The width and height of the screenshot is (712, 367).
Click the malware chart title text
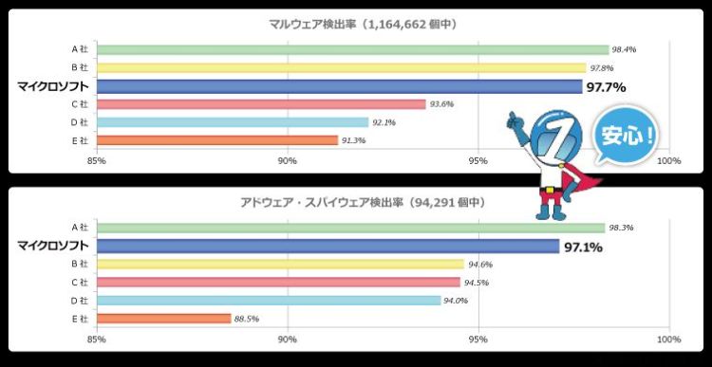[x=363, y=25]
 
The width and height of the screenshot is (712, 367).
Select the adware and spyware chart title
[x=363, y=203]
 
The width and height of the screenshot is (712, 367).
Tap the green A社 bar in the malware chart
[x=353, y=50]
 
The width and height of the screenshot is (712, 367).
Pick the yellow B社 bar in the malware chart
[x=342, y=68]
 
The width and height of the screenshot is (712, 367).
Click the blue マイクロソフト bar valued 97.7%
[x=340, y=86]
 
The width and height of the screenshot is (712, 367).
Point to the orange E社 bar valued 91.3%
[x=217, y=140]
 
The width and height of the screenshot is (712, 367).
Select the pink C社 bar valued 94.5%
[x=279, y=283]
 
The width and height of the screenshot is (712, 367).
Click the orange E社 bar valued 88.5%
[x=164, y=319]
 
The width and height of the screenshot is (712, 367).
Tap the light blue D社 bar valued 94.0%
[x=269, y=301]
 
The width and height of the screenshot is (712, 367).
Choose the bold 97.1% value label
[x=584, y=248]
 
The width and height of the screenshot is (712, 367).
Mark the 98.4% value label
[x=624, y=50]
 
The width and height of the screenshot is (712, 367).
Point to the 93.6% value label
[x=440, y=104]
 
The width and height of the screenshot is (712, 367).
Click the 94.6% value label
[x=479, y=265]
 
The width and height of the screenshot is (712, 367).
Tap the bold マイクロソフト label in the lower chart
[x=52, y=247]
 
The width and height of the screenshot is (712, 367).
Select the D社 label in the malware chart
[x=80, y=122]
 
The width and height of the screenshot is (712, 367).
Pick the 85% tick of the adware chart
[x=97, y=339]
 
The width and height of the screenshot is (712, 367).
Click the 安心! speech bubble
[x=626, y=135]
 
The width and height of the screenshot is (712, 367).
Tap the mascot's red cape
[x=580, y=180]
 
